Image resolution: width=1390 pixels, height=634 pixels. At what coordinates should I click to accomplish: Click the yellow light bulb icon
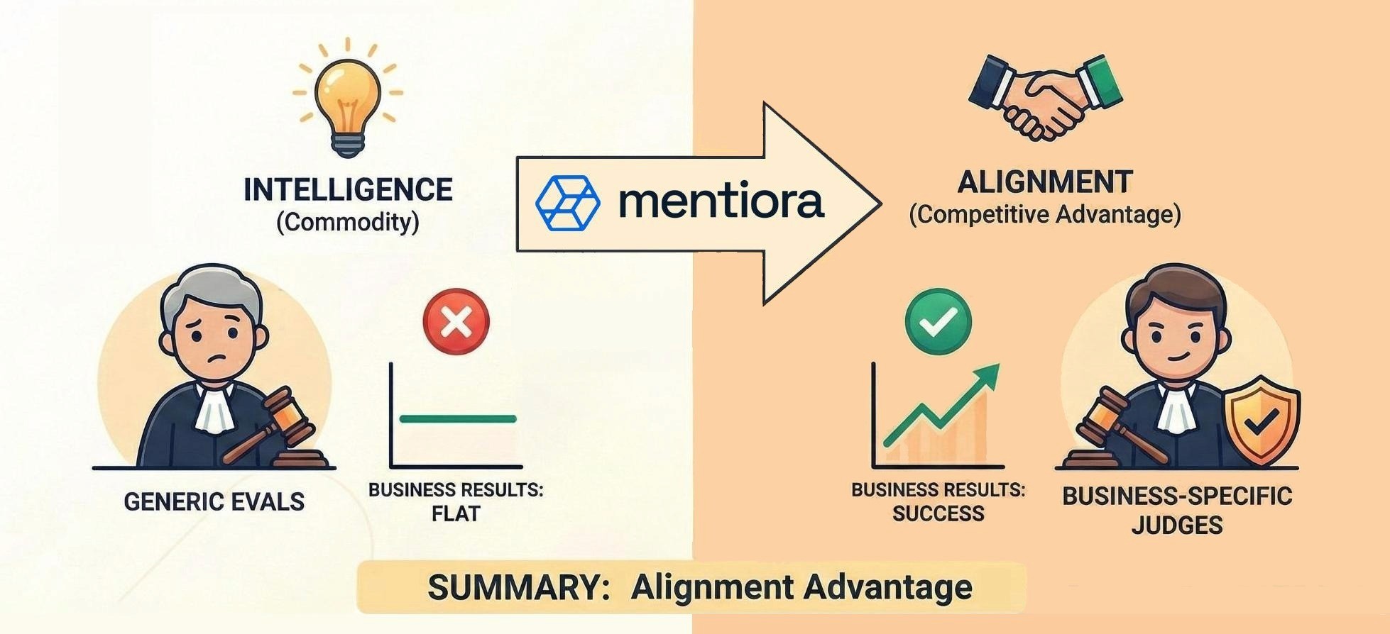pyautogui.click(x=347, y=99)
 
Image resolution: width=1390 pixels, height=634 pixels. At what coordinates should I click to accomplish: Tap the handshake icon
pyautogui.click(x=1045, y=96)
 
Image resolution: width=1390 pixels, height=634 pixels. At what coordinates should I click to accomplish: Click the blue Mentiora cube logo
pyautogui.click(x=567, y=203)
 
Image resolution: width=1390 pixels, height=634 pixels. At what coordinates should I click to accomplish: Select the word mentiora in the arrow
pyautogui.click(x=721, y=201)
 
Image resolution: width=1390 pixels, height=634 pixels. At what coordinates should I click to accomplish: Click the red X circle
pyautogui.click(x=456, y=322)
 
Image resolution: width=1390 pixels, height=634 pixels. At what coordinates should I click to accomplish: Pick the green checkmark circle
pyautogui.click(x=938, y=321)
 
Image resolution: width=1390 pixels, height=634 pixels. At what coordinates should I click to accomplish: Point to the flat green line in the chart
pyautogui.click(x=458, y=418)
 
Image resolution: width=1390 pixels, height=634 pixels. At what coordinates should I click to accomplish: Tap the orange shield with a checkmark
pyautogui.click(x=1262, y=421)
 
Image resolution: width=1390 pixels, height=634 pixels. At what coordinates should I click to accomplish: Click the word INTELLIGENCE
pyautogui.click(x=348, y=190)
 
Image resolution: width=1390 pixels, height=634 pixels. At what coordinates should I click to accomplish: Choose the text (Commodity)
pyautogui.click(x=348, y=223)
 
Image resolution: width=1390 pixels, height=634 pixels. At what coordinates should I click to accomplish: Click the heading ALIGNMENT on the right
pyautogui.click(x=1044, y=182)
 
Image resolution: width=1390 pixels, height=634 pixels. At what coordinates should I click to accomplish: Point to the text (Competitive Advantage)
pyautogui.click(x=1045, y=214)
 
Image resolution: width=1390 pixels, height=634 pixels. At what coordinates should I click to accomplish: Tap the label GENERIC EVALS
pyautogui.click(x=214, y=502)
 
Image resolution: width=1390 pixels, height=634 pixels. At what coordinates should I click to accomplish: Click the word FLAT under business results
pyautogui.click(x=456, y=513)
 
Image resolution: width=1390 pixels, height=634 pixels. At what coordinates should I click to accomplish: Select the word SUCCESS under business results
pyautogui.click(x=938, y=513)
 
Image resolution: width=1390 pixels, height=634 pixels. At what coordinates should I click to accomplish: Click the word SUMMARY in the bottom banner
pyautogui.click(x=518, y=588)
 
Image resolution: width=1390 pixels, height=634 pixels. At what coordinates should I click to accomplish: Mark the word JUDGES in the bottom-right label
pyautogui.click(x=1176, y=525)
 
